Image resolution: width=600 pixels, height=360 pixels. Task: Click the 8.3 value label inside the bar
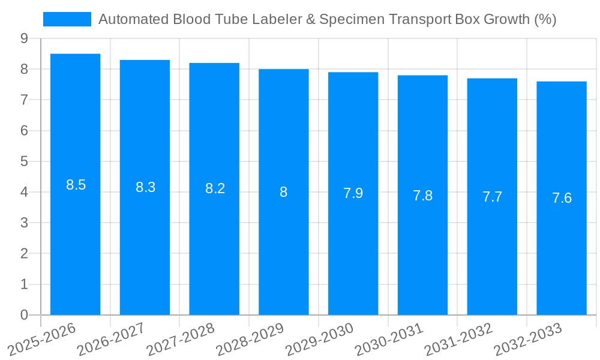[x=145, y=187]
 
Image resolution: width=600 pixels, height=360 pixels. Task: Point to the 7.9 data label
[x=353, y=193]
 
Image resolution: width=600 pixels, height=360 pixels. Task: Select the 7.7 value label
[x=492, y=197]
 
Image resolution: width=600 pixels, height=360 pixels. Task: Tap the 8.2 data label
[x=215, y=188]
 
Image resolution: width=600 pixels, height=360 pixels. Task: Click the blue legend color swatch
[x=67, y=20]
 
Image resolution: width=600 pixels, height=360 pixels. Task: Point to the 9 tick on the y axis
[x=24, y=38]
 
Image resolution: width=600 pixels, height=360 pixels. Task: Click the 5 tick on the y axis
[x=24, y=161]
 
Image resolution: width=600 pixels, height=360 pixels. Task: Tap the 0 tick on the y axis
[x=24, y=315]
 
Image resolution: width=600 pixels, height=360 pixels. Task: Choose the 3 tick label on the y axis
[x=24, y=223]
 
